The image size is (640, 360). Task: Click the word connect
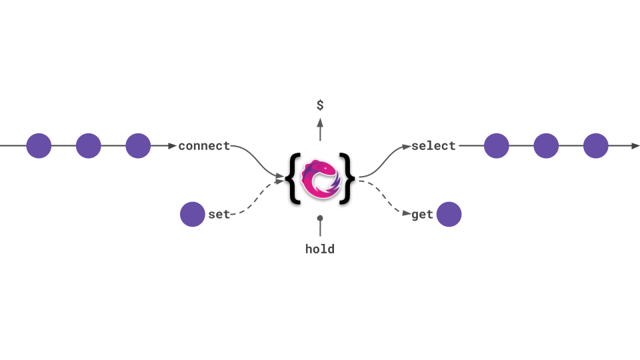point(204,146)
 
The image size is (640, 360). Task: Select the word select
point(433,146)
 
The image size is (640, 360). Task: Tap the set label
point(219,215)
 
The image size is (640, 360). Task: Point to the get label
point(423,215)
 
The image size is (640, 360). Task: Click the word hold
point(320,249)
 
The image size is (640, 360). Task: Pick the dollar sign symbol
point(320,105)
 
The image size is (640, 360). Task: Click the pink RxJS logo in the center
point(320,179)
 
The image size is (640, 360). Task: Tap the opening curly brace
point(293,179)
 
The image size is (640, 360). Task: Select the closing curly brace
point(347,179)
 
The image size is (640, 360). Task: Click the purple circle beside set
point(193,215)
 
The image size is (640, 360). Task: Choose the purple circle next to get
point(449,215)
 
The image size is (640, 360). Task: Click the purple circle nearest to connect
point(138,146)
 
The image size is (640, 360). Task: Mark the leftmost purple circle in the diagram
point(39,146)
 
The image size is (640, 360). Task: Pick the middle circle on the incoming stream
point(88,146)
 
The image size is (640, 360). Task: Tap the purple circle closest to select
point(496,146)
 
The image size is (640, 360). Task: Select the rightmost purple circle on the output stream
point(596,146)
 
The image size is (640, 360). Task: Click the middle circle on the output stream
point(546,146)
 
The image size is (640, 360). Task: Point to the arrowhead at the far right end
point(635,146)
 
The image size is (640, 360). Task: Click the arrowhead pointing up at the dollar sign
point(320,122)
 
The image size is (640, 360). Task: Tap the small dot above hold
point(320,218)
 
